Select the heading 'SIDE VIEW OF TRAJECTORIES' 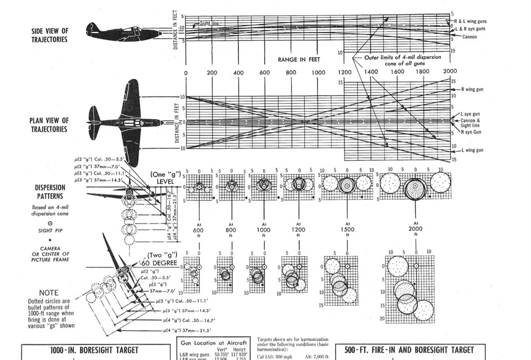(x=49, y=36)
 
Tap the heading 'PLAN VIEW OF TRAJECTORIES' (x=49, y=125)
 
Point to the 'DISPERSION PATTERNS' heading (x=50, y=191)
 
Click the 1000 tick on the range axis (x=318, y=72)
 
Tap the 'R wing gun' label (x=473, y=89)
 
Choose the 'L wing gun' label (x=473, y=150)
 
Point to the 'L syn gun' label (x=470, y=115)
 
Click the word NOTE (x=49, y=293)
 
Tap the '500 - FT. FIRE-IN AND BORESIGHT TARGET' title (x=409, y=350)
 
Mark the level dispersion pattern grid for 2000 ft (x=415, y=186)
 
